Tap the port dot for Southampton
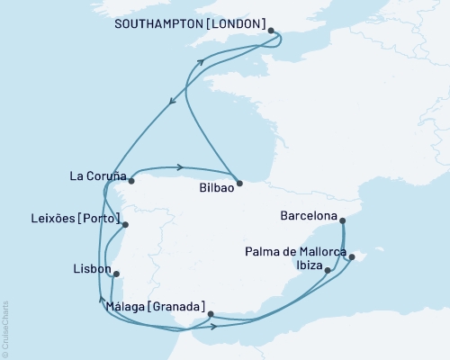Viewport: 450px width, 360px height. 271,31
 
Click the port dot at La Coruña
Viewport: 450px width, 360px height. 131,180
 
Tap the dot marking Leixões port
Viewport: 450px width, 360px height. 125,225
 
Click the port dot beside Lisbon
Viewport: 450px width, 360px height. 116,275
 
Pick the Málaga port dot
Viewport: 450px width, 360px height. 210,314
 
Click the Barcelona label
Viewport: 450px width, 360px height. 310,217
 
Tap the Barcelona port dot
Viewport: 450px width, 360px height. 343,219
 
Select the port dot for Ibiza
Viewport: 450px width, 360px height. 328,270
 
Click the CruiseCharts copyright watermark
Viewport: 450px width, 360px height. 5,328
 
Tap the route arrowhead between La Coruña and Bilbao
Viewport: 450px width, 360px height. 182,166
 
